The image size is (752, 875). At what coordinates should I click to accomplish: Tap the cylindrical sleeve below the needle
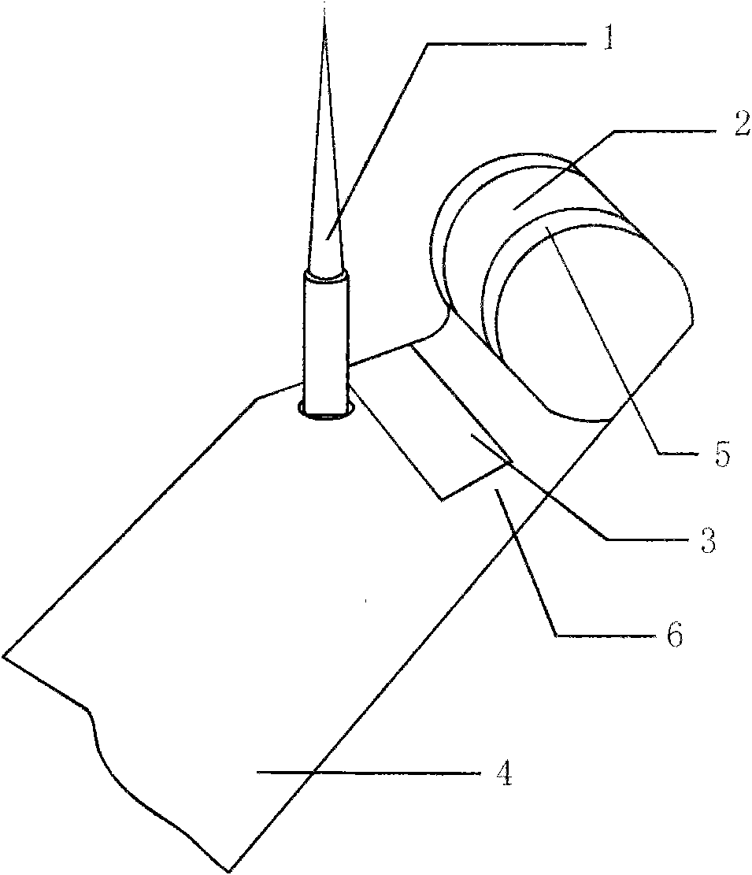click(x=325, y=339)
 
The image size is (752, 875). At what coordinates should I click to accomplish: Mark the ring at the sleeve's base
click(x=325, y=412)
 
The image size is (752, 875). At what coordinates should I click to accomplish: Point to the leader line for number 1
click(x=378, y=142)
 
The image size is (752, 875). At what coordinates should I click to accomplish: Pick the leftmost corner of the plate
click(x=4, y=654)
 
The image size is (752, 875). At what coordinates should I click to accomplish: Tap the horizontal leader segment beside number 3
click(x=646, y=539)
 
